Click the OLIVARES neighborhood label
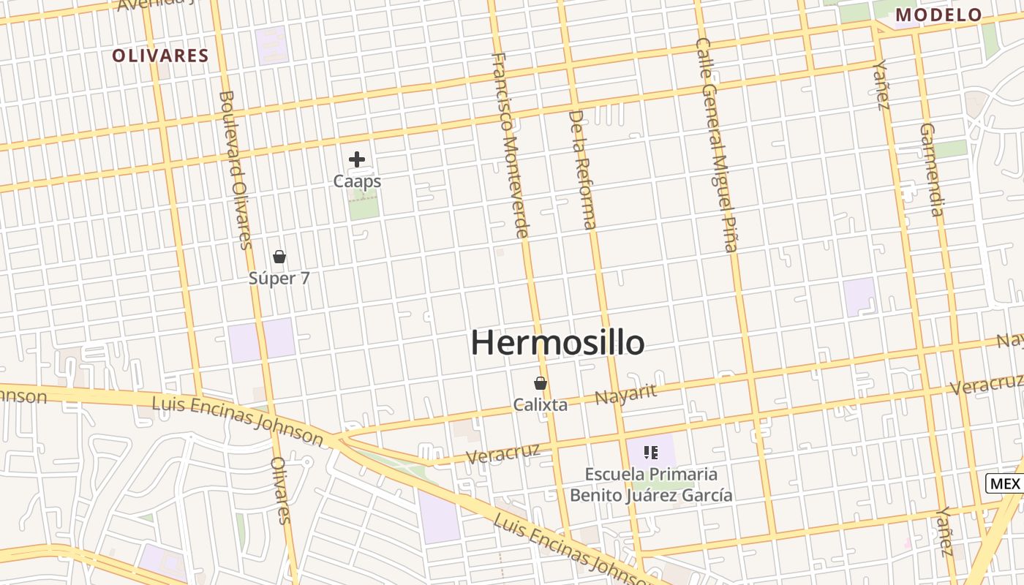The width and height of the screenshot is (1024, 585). click(160, 56)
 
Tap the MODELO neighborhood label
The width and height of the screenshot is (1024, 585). click(938, 15)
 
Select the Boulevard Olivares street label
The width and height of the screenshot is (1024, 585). click(236, 170)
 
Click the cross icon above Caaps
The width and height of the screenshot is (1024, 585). click(357, 159)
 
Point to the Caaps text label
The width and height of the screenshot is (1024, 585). click(357, 181)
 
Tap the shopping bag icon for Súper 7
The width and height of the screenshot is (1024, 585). click(279, 257)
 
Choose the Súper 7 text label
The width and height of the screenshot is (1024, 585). click(279, 279)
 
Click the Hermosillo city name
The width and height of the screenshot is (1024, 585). click(557, 342)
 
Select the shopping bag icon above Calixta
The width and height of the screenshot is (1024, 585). click(541, 383)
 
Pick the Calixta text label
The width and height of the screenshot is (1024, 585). click(541, 404)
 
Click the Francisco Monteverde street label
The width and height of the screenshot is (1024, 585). click(510, 145)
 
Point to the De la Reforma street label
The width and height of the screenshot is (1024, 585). click(583, 170)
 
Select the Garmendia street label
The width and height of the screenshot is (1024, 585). click(931, 170)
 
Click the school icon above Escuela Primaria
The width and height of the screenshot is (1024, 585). click(651, 453)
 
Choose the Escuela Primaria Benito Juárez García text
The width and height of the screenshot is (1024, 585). click(651, 484)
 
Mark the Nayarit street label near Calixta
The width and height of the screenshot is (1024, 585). click(625, 394)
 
